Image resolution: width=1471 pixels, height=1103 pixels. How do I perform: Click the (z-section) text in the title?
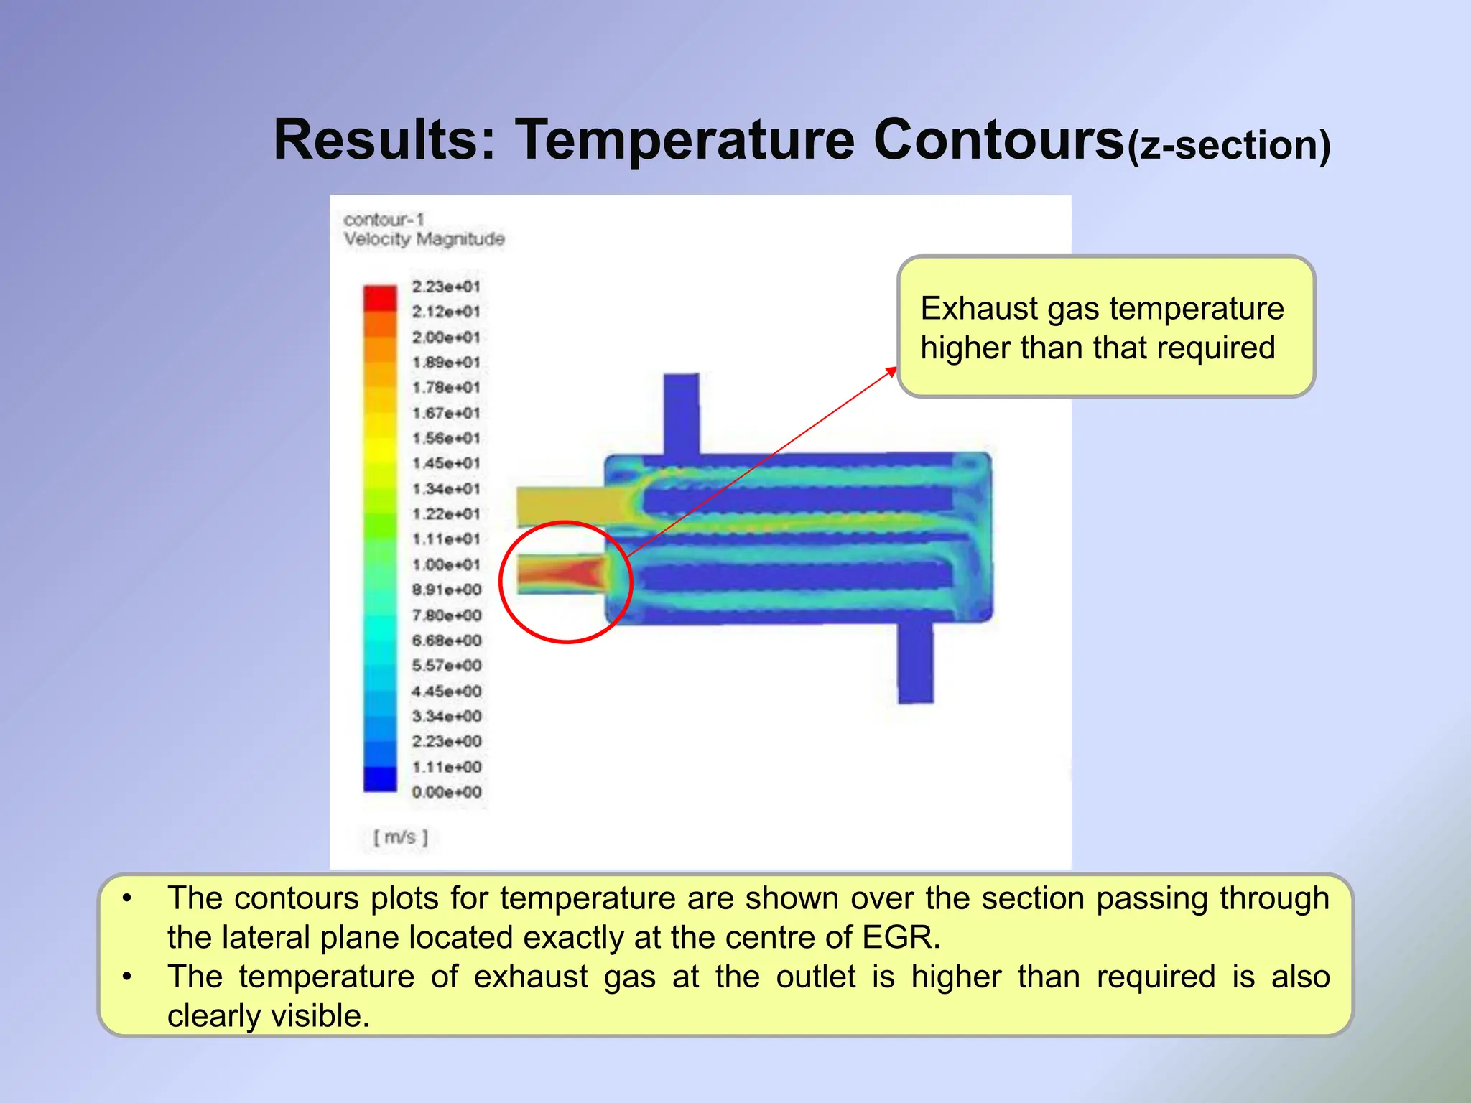[x=1228, y=146]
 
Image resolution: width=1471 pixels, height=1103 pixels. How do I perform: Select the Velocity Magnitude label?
[x=424, y=239]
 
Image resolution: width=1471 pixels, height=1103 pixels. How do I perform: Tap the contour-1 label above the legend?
[x=384, y=219]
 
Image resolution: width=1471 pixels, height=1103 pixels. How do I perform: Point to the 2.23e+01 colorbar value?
[x=445, y=287]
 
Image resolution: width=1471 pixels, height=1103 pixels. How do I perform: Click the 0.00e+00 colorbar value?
[x=446, y=792]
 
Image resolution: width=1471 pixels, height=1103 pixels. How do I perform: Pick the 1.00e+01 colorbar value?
[x=445, y=564]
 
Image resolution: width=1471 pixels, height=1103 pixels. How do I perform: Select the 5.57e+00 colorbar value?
[x=446, y=666]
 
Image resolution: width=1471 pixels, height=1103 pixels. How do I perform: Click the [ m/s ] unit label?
[x=400, y=837]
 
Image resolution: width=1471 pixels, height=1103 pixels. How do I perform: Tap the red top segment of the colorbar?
[x=380, y=297]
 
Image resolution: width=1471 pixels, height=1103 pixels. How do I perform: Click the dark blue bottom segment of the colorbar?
[x=380, y=779]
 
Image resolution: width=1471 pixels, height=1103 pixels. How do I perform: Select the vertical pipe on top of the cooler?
[x=681, y=413]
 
